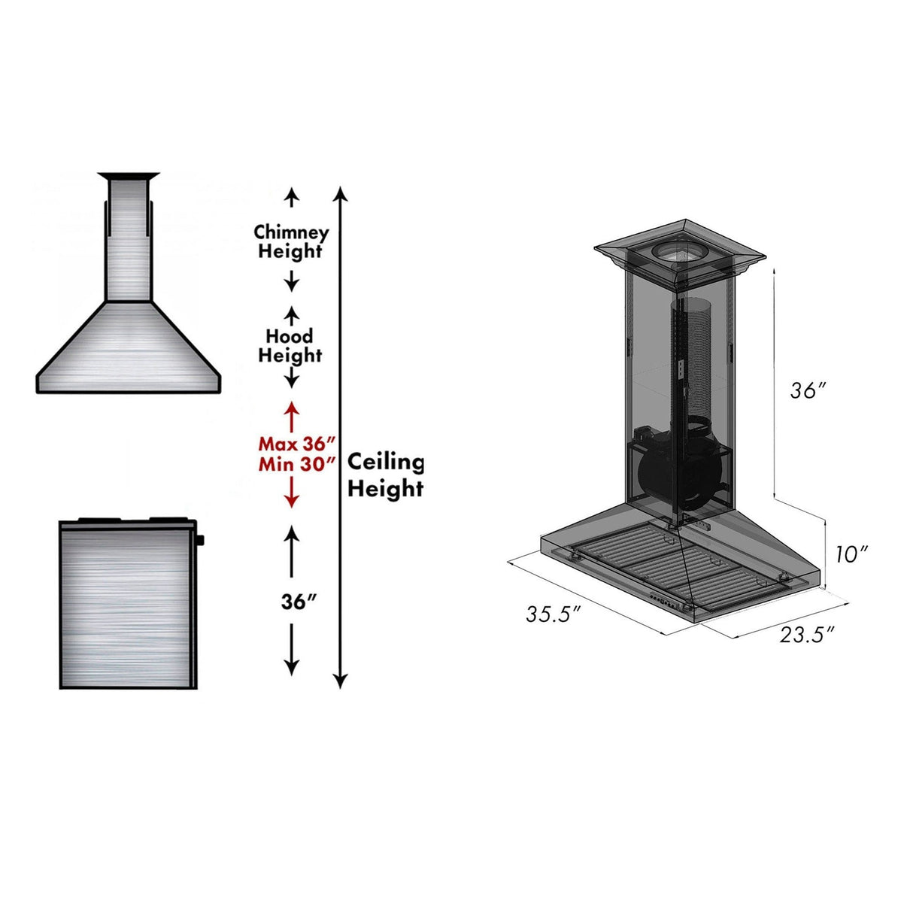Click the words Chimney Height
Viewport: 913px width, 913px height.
pos(291,241)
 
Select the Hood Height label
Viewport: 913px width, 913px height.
pos(290,345)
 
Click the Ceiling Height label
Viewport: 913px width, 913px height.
pos(385,475)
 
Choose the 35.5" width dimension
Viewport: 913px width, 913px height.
pos(554,614)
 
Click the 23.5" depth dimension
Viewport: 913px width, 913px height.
pos(806,634)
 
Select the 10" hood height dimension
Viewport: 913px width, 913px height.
pos(851,554)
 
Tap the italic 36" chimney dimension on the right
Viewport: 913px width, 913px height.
pos(808,390)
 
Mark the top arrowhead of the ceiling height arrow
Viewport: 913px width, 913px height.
pos(341,194)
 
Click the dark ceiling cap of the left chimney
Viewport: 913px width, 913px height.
pos(129,177)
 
